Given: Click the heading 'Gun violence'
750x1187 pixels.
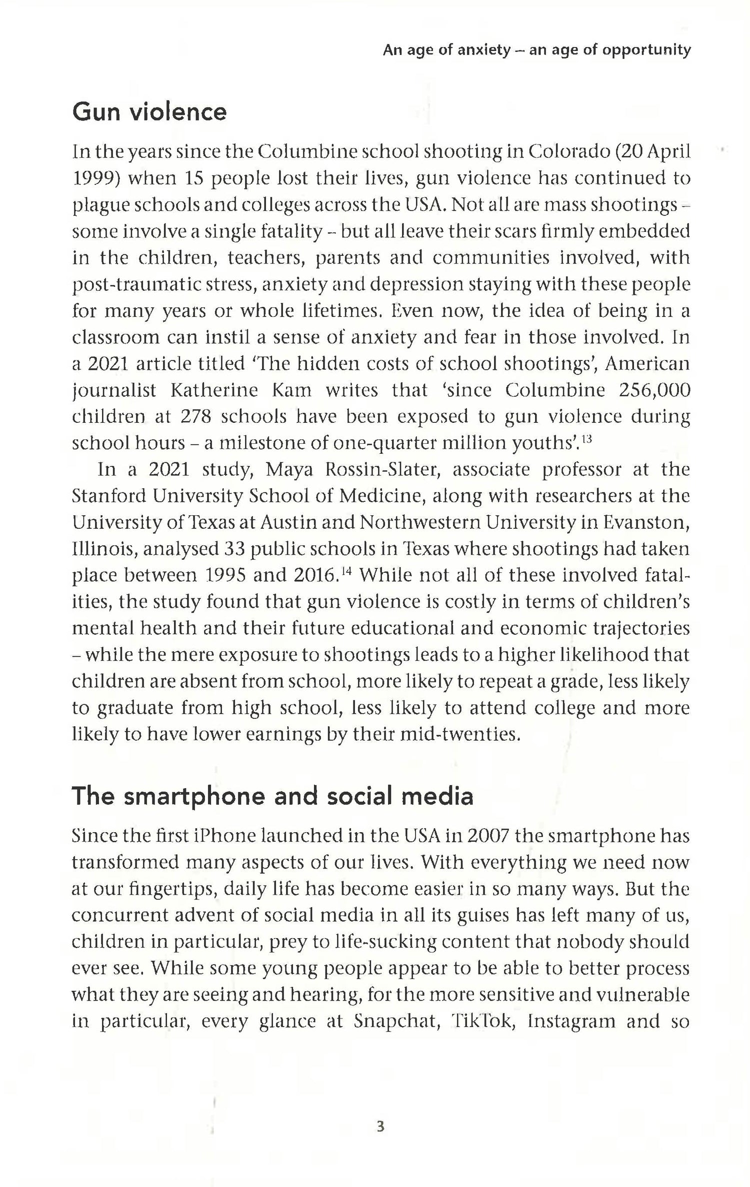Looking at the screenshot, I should [x=149, y=111].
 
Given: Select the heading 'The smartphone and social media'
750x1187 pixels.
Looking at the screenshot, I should [x=272, y=796].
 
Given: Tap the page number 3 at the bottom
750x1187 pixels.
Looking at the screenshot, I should [x=380, y=1127].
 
